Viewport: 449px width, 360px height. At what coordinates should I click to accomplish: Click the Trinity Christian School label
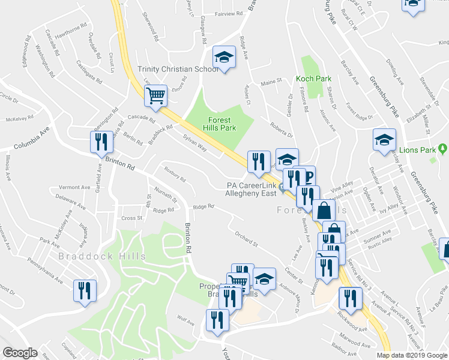click(178, 69)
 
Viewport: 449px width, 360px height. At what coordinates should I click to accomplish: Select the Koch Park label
click(313, 79)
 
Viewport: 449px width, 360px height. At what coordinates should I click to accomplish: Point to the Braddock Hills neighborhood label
click(102, 256)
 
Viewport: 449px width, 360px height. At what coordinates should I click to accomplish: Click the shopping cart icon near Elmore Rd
click(155, 95)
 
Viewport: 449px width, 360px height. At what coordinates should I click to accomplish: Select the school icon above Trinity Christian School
click(224, 58)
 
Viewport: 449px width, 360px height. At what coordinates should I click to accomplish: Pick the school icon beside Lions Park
click(384, 140)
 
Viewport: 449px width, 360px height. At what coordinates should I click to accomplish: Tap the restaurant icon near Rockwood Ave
click(350, 298)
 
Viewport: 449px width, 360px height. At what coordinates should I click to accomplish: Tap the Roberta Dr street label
click(280, 130)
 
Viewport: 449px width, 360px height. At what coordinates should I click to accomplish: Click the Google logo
click(20, 352)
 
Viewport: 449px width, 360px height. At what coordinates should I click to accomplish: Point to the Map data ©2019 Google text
click(412, 355)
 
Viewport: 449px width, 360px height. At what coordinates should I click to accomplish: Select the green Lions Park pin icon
click(443, 148)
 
